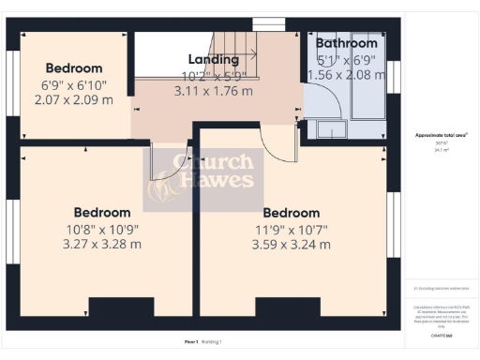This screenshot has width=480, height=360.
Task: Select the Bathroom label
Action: pos(346,43)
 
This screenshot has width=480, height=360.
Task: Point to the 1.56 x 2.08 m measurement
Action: pos(346,75)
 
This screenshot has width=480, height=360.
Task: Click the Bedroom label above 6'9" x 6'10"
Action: pos(74,67)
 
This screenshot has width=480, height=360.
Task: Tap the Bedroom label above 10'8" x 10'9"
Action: pos(102,212)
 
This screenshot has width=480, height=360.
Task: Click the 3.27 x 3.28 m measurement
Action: pos(102,244)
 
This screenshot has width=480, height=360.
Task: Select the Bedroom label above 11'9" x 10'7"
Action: pos(292,213)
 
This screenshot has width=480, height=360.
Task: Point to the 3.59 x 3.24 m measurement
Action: pos(292,245)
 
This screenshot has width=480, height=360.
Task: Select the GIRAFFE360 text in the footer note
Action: pos(442,334)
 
